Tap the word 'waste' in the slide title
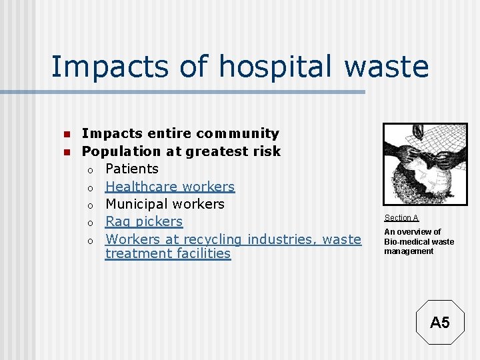[x=389, y=67]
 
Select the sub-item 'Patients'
[x=132, y=169]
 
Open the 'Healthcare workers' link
[x=170, y=187]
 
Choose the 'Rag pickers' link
[x=144, y=221]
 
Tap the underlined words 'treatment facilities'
[x=168, y=254]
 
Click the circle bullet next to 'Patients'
[x=90, y=170]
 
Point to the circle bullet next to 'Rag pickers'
[x=90, y=223]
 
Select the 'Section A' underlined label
[x=401, y=218]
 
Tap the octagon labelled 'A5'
[x=439, y=323]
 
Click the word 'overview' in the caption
[x=418, y=232]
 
